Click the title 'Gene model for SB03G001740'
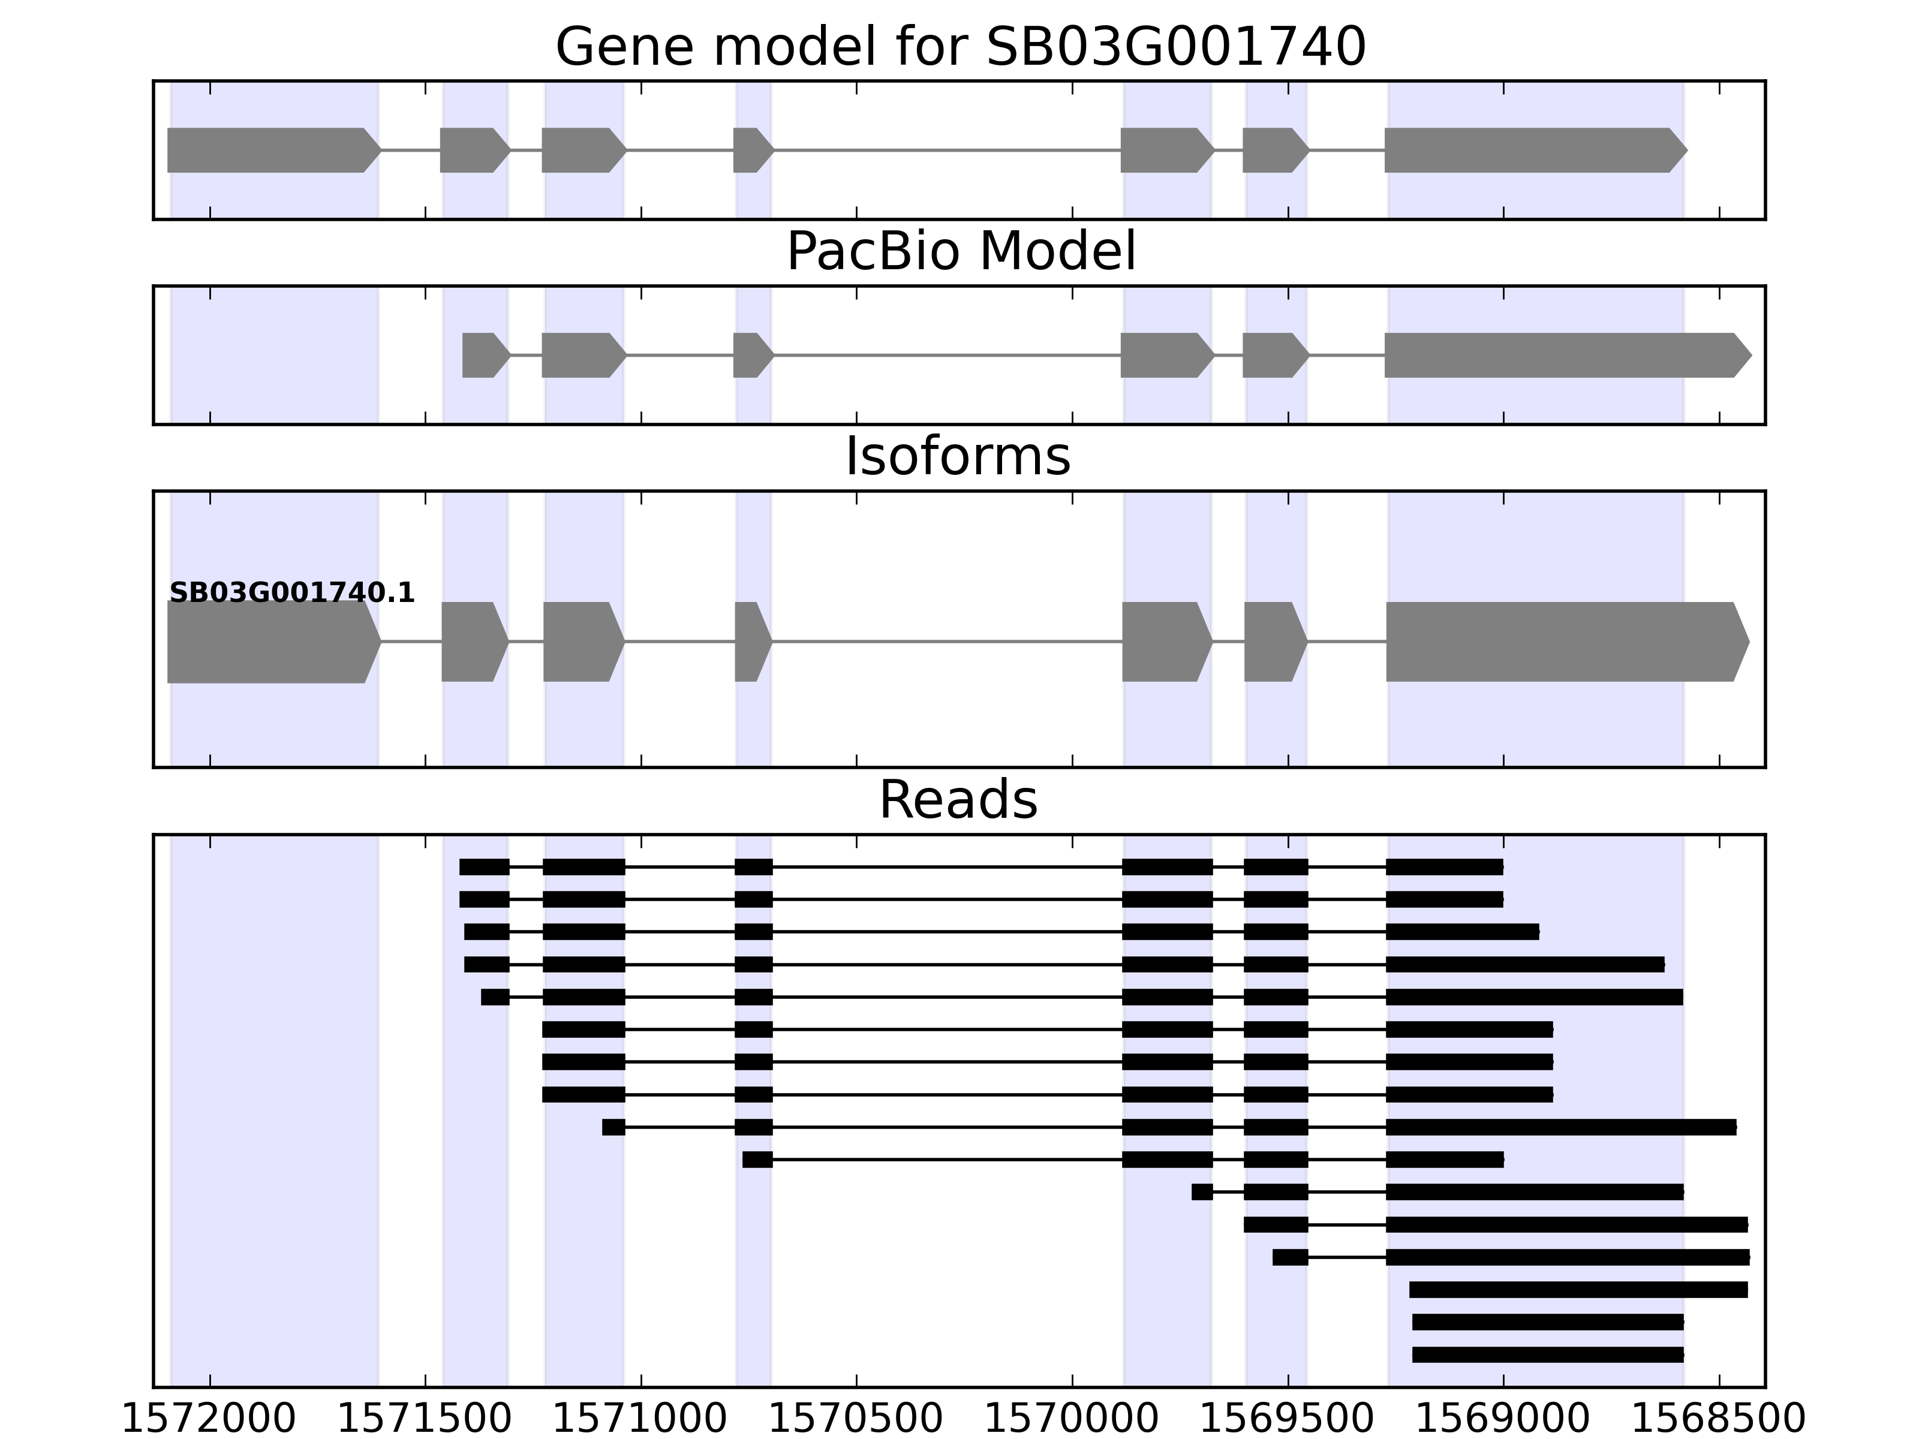tap(960, 47)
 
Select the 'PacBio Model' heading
tap(960, 252)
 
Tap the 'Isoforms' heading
tap(958, 456)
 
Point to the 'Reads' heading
tap(958, 800)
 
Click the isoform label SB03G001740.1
tap(291, 594)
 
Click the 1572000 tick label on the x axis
tap(209, 1420)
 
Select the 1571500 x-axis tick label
tap(424, 1420)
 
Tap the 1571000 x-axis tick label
tap(640, 1420)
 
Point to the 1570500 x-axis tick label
tap(856, 1420)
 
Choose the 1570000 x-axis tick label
tap(1072, 1420)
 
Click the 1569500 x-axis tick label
tap(1288, 1420)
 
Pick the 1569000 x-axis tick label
tap(1503, 1420)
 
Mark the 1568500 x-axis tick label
tap(1719, 1420)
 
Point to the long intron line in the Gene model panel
tap(946, 150)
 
